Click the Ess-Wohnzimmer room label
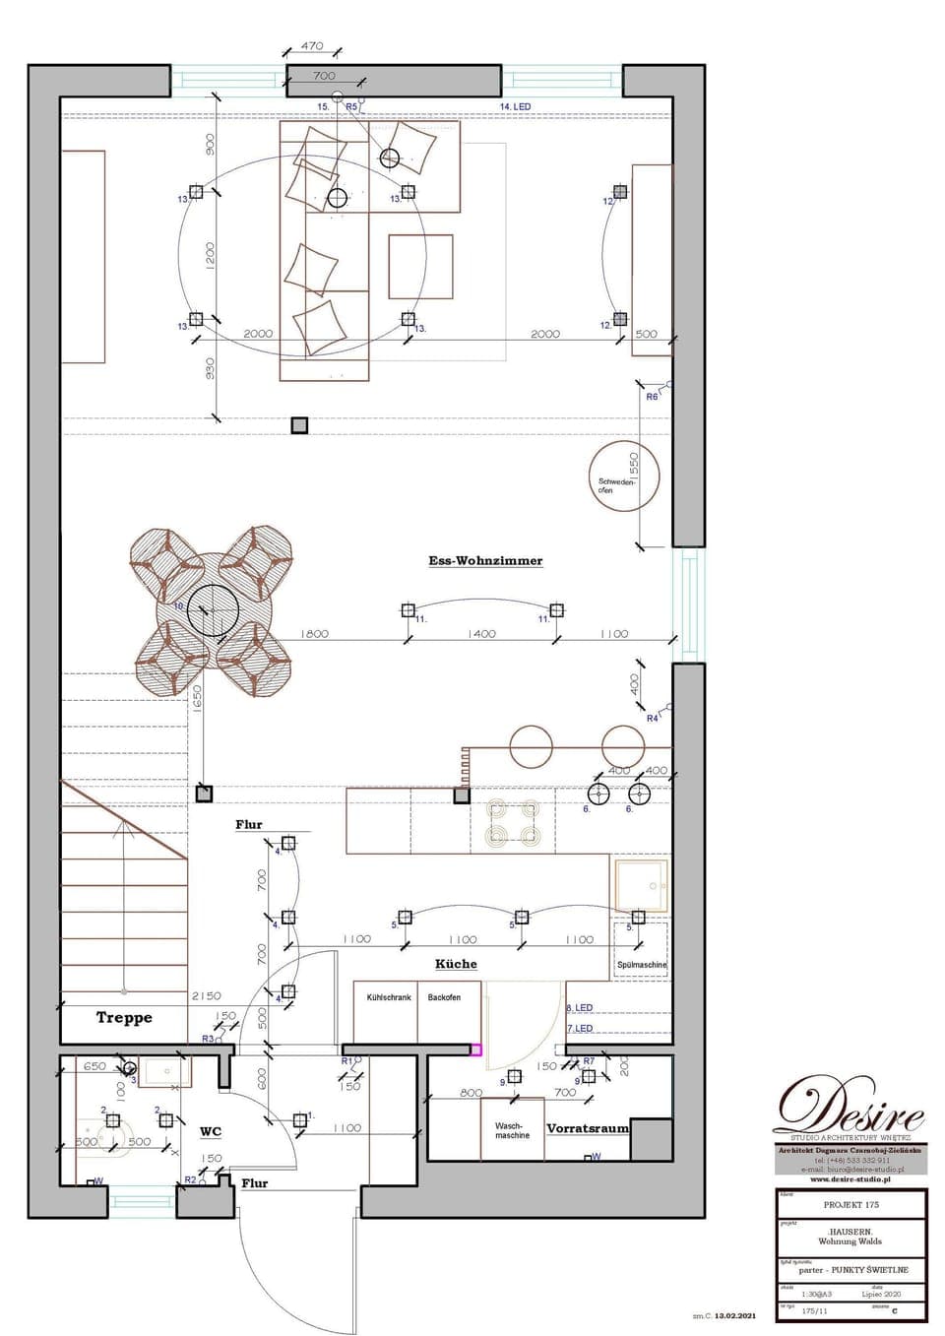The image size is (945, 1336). click(x=485, y=561)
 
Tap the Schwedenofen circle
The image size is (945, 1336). click(x=623, y=477)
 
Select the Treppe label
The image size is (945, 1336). click(x=124, y=1017)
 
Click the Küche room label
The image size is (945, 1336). click(x=456, y=964)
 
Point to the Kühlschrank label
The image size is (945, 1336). click(x=389, y=997)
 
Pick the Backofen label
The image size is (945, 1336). click(x=444, y=997)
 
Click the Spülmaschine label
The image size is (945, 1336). click(x=641, y=965)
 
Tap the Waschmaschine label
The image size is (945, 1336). click(x=512, y=1130)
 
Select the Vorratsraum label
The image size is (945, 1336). click(x=587, y=1128)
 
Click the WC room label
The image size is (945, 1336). click(x=211, y=1132)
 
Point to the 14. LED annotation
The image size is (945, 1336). click(x=515, y=106)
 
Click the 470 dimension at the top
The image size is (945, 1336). click(x=311, y=45)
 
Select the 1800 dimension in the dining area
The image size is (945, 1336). click(x=314, y=634)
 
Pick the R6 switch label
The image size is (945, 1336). click(x=652, y=397)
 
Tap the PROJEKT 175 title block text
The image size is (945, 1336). click(x=850, y=1204)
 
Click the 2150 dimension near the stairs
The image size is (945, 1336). click(x=206, y=996)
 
